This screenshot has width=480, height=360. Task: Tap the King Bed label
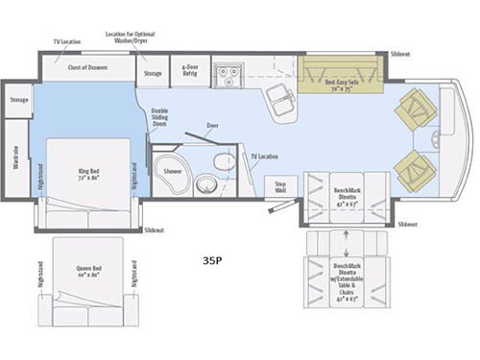click(88, 178)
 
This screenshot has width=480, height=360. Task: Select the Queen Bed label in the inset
click(86, 273)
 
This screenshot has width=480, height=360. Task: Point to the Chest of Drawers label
click(87, 69)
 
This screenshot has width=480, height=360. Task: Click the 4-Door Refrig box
click(190, 70)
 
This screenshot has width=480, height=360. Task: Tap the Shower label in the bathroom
click(172, 171)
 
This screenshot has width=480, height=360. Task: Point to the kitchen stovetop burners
click(228, 70)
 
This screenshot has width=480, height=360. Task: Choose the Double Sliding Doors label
click(159, 117)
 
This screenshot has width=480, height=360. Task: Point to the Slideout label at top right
click(400, 55)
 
